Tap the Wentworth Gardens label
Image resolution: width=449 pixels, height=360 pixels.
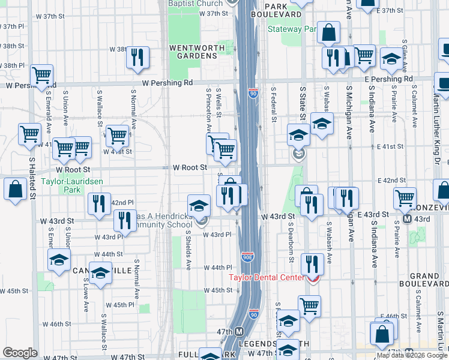193,52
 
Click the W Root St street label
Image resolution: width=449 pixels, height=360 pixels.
190,168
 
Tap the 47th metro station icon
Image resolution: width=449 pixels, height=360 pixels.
239,332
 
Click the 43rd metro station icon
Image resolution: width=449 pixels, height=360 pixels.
408,219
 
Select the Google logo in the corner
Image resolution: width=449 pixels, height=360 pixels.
19,353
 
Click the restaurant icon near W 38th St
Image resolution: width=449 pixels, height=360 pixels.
138,57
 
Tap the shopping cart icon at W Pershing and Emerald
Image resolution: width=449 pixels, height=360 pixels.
41,75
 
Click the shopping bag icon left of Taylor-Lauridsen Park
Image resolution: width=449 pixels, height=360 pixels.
15,189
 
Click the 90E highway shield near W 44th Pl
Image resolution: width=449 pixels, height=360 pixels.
248,257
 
